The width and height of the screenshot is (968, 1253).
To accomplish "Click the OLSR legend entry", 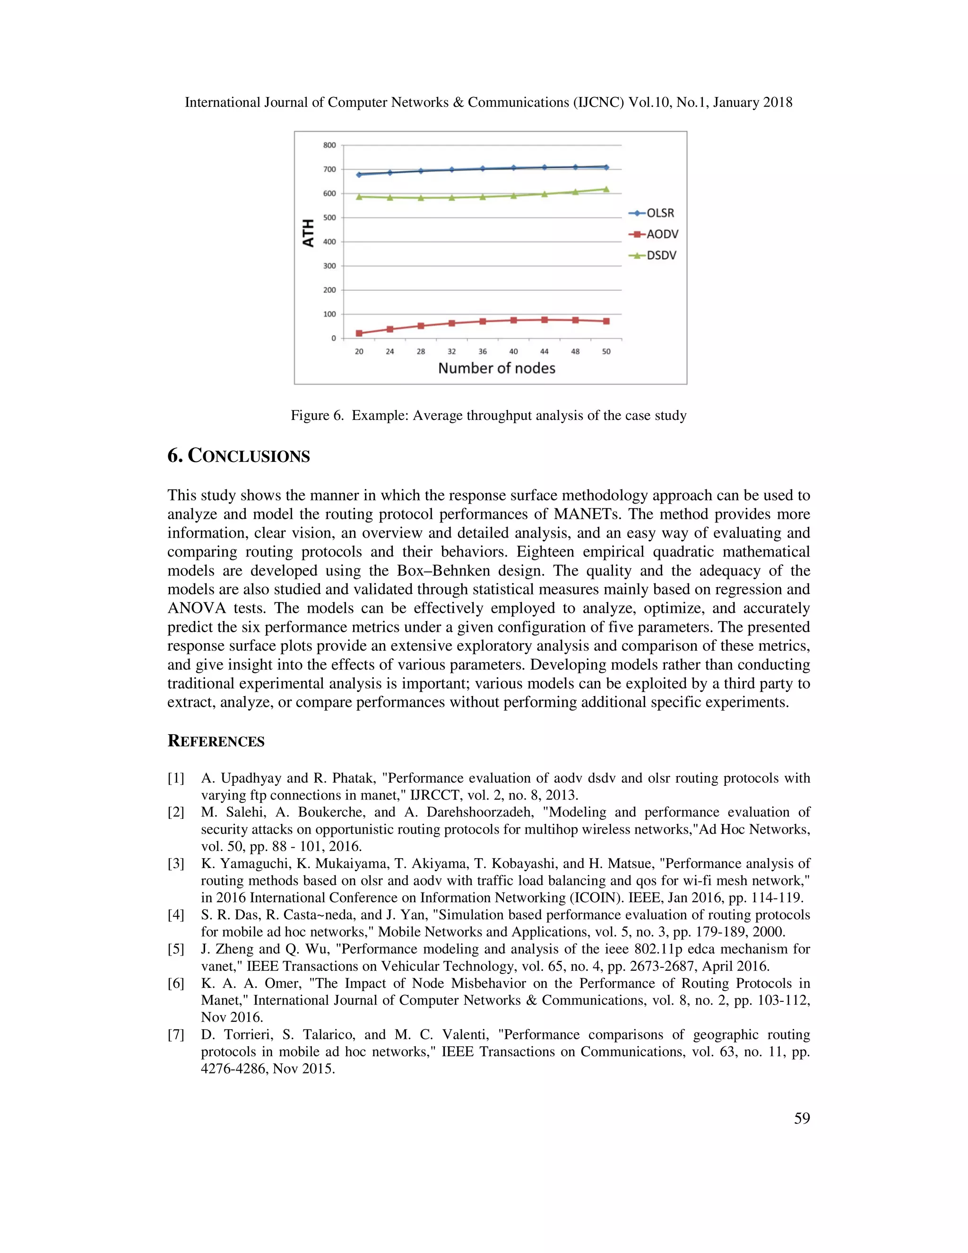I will [653, 213].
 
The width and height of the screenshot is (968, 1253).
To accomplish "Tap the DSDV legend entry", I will [653, 255].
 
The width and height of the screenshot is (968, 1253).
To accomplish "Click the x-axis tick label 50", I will [606, 351].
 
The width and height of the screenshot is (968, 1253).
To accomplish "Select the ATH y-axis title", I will [309, 233].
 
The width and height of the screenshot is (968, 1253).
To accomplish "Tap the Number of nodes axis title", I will [497, 368].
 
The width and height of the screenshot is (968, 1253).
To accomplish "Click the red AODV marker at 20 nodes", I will [359, 333].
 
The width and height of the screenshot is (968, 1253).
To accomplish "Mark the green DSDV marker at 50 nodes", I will [606, 189].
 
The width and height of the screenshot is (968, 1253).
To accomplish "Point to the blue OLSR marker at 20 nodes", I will [359, 174].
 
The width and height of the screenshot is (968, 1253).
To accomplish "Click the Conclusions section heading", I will [239, 456].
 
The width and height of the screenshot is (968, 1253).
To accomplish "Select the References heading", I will [216, 741].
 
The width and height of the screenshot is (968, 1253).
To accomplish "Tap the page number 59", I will [802, 1118].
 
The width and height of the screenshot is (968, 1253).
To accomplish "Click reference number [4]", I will [175, 914].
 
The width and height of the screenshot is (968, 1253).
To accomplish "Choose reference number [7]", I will [175, 1035].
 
